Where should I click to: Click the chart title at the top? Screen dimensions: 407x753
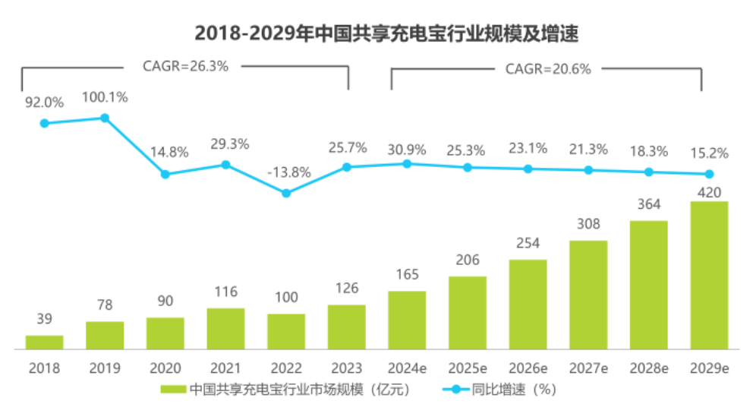376,33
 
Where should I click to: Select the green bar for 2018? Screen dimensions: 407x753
44,342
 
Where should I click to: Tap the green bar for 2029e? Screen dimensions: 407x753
709,275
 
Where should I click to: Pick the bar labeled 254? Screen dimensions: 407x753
528,304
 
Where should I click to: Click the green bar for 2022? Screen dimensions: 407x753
286,331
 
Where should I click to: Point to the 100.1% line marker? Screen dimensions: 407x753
105,118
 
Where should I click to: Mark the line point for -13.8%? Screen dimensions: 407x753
286,193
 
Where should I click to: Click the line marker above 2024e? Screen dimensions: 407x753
407,163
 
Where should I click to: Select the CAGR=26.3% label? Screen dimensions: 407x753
185,66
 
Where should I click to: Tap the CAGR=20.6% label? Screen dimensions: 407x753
547,68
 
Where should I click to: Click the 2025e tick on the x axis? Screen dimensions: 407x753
468,368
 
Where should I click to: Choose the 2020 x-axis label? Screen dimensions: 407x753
165,368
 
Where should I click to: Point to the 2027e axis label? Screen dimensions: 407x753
588,368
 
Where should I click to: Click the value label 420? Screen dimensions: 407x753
709,191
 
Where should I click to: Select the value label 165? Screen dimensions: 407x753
407,276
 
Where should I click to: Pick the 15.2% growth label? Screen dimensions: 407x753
710,153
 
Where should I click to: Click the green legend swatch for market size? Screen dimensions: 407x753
174,390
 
